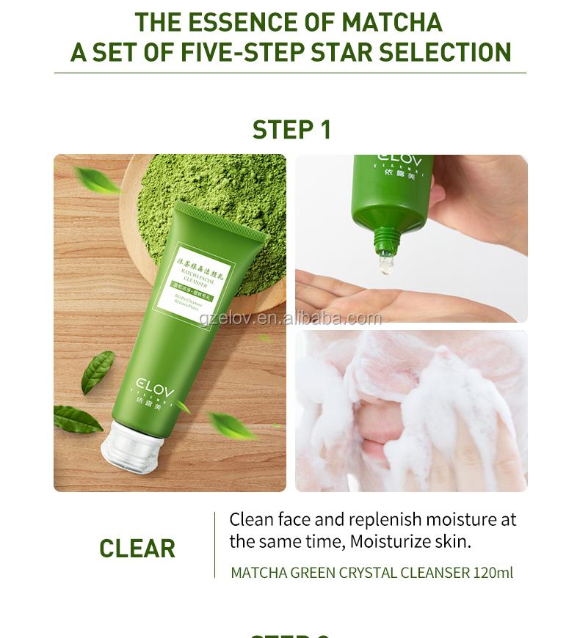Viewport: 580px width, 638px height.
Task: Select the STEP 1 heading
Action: (291, 130)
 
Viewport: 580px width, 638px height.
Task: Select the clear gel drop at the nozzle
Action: (385, 265)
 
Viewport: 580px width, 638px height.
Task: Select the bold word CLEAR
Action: (137, 549)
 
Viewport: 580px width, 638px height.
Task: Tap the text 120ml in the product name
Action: (493, 572)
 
